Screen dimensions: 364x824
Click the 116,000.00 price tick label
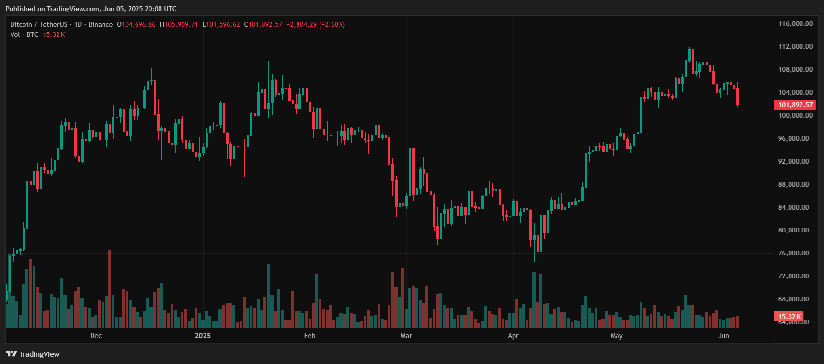pos(795,23)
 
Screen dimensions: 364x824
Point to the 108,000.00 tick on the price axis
pos(795,69)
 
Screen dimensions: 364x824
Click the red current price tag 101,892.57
pos(795,105)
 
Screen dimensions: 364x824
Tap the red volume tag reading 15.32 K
pos(789,317)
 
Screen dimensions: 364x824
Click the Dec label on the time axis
pos(96,336)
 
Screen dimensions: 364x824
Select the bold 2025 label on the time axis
pos(203,336)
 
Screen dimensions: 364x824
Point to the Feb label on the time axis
pos(309,336)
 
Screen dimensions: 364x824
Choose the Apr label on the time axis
pos(513,336)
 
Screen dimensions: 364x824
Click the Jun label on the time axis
pos(723,336)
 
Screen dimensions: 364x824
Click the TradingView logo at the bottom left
pos(33,354)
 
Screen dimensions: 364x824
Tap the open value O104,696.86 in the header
pos(137,24)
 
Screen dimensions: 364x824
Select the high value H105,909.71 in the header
pos(179,24)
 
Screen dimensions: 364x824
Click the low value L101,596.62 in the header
pos(221,24)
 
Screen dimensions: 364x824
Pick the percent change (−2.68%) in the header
pos(332,24)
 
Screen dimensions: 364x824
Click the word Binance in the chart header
pos(101,24)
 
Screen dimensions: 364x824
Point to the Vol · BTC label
pos(24,34)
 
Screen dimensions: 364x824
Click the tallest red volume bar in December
pos(110,288)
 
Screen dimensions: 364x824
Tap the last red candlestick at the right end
pos(737,97)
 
